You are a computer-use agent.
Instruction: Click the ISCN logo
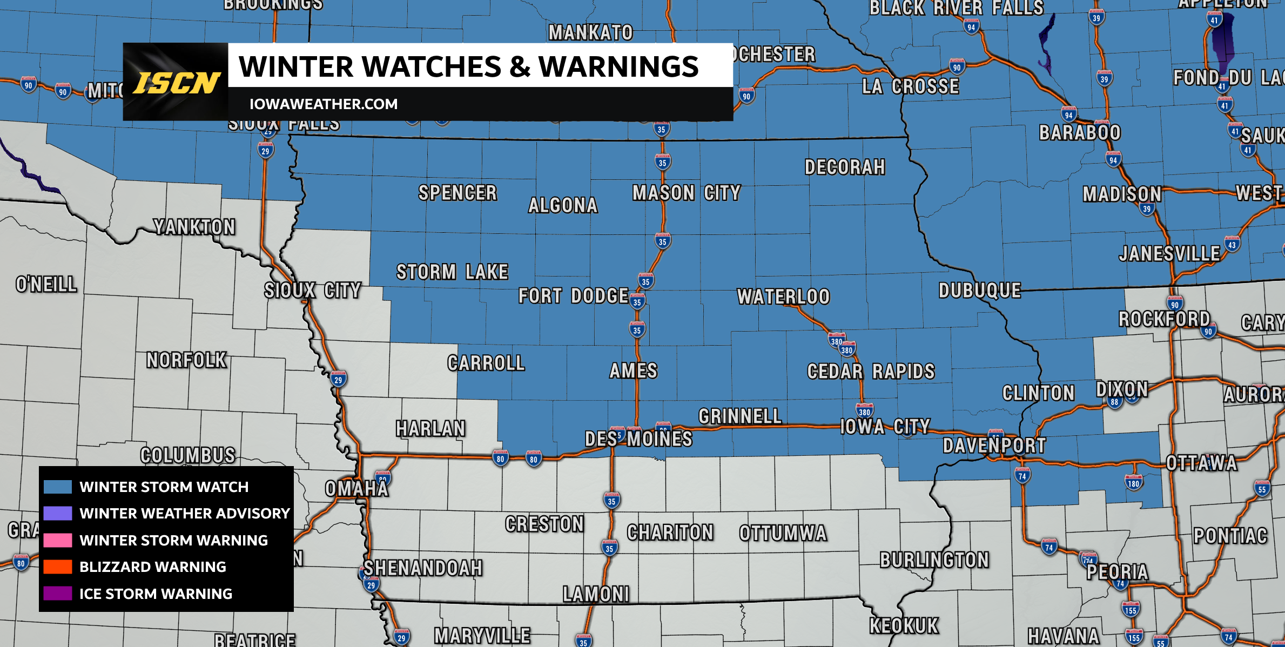pyautogui.click(x=176, y=82)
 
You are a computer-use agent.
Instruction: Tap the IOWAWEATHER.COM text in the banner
pyautogui.click(x=323, y=104)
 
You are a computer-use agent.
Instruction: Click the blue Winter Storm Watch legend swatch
pyautogui.click(x=58, y=487)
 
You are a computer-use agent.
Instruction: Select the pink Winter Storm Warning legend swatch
pyautogui.click(x=58, y=540)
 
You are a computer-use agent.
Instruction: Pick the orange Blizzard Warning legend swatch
pyautogui.click(x=58, y=567)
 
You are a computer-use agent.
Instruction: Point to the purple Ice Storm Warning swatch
pyautogui.click(x=58, y=594)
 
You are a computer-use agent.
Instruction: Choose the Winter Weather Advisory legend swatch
pyautogui.click(x=58, y=513)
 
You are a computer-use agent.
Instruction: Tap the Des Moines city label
pyautogui.click(x=638, y=439)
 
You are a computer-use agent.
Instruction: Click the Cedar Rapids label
pyautogui.click(x=871, y=372)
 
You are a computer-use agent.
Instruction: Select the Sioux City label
pyautogui.click(x=313, y=291)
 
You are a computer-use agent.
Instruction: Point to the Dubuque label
pyautogui.click(x=980, y=291)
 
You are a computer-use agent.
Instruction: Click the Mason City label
pyautogui.click(x=686, y=193)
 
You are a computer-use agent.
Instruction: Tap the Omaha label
pyautogui.click(x=356, y=489)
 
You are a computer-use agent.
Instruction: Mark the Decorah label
pyautogui.click(x=845, y=167)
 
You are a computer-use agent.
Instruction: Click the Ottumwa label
pyautogui.click(x=783, y=534)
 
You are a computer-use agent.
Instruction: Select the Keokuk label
pyautogui.click(x=904, y=626)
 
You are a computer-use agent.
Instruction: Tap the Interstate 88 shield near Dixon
pyautogui.click(x=1114, y=402)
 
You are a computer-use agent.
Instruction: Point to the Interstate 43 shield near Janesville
pyautogui.click(x=1232, y=244)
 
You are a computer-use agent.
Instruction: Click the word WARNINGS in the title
pyautogui.click(x=618, y=66)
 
